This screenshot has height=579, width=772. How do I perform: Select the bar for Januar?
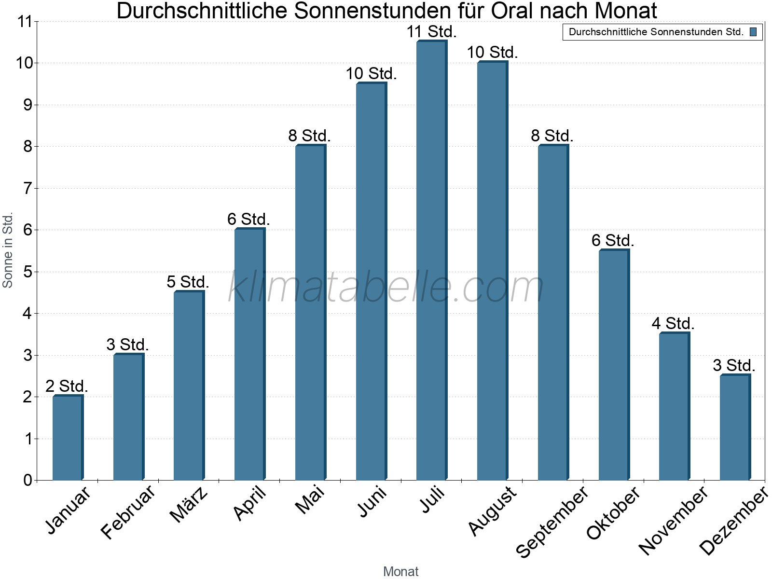click(68, 438)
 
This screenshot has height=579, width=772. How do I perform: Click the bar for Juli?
click(432, 261)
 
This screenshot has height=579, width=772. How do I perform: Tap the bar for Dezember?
click(735, 427)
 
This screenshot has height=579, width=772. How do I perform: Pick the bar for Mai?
click(310, 313)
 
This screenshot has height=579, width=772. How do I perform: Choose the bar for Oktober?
click(614, 365)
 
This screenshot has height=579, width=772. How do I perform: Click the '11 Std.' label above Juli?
click(431, 32)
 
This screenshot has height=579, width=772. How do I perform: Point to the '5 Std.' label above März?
click(188, 282)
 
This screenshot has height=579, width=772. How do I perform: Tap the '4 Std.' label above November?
click(673, 323)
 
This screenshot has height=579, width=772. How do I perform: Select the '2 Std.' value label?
click(67, 386)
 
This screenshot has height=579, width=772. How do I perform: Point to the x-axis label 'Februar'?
click(128, 511)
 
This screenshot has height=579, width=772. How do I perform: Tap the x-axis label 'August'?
click(492, 510)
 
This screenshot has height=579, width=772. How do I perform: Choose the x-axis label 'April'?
click(249, 503)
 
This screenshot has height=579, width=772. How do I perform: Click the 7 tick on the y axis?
click(27, 188)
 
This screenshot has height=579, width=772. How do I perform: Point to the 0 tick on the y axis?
click(27, 480)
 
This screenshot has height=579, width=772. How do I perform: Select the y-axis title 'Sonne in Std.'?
click(8, 250)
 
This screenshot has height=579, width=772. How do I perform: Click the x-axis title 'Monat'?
click(400, 571)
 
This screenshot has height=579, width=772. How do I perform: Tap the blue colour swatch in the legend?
click(753, 32)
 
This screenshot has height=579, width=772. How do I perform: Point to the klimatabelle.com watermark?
click(386, 287)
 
